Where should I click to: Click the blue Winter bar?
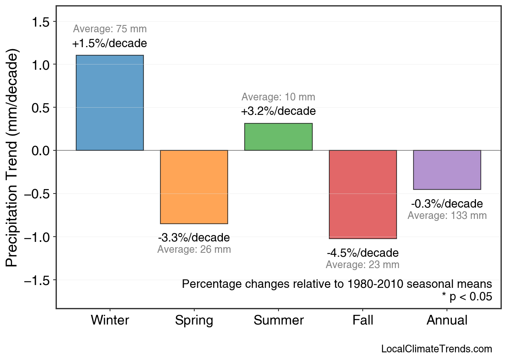110,103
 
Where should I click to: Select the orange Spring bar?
194,187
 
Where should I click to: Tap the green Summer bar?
278,137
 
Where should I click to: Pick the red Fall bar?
363,194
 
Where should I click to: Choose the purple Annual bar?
447,170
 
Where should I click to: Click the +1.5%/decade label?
110,44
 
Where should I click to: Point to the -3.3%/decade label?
194,237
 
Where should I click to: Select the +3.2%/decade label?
278,111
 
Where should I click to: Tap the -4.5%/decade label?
363,253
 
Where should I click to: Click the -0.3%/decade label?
447,204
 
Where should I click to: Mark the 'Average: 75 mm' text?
110,29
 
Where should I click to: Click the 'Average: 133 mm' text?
447,216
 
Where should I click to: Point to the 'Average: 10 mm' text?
278,97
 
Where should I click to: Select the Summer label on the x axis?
278,320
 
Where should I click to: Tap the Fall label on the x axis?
363,320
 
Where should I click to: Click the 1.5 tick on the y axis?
40,22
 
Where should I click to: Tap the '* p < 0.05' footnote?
467,297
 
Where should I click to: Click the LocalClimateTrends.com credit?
436,349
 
